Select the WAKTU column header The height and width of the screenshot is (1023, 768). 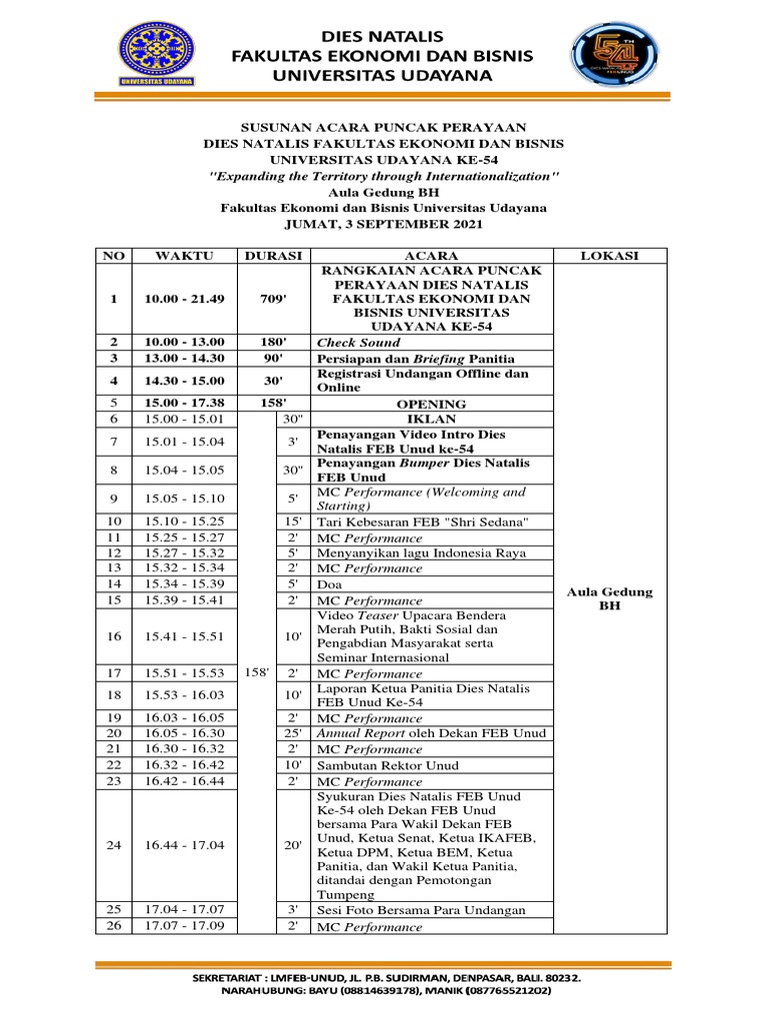coord(184,256)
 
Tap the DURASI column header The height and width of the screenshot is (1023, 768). coord(273,256)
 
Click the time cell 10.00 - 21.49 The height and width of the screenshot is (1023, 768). coord(184,299)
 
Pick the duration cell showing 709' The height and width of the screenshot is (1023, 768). coord(273,299)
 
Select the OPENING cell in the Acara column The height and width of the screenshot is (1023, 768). coord(432,404)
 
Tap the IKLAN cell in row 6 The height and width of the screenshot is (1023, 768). coord(432,419)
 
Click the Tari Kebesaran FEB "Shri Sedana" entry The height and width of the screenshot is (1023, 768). coord(420,521)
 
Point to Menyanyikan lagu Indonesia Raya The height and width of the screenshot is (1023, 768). coord(420,552)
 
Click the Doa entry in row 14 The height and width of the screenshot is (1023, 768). coord(328,583)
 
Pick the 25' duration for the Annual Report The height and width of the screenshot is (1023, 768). coord(292,733)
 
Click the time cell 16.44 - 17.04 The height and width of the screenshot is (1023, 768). coord(184,844)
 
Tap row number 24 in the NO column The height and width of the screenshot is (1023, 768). coord(114,844)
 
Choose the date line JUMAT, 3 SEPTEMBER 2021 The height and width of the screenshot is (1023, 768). coord(384,224)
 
